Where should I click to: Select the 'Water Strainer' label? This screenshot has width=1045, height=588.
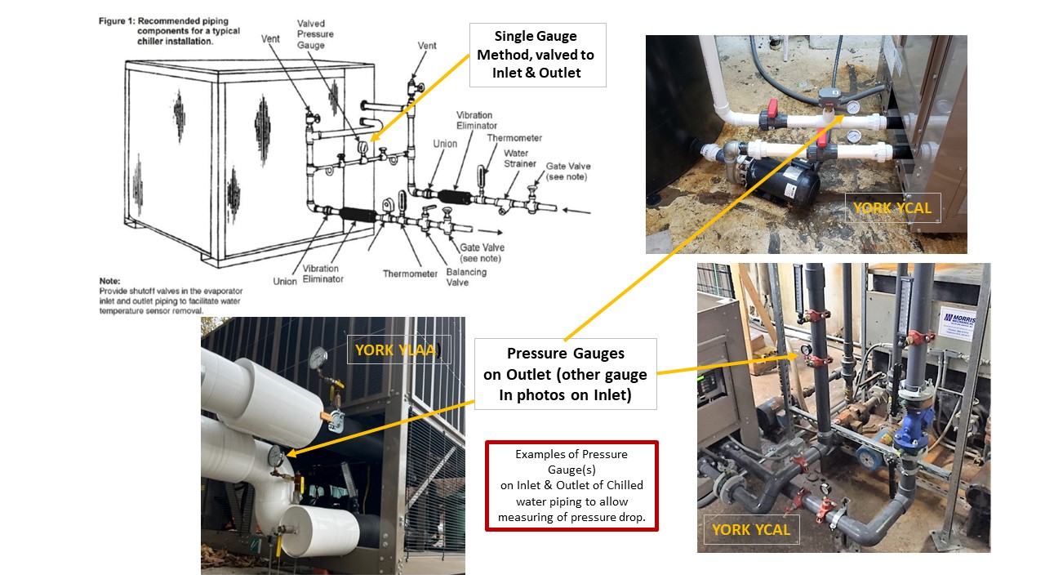(515, 158)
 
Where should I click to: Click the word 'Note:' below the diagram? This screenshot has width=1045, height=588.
(111, 280)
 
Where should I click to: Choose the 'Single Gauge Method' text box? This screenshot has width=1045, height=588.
(536, 55)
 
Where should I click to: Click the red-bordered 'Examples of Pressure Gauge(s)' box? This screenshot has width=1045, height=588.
(571, 486)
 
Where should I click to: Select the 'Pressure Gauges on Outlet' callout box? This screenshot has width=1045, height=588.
(565, 375)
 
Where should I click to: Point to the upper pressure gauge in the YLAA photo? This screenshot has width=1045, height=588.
(317, 356)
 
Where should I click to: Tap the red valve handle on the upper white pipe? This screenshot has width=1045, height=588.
(771, 113)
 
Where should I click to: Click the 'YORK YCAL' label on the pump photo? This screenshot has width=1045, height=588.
(892, 207)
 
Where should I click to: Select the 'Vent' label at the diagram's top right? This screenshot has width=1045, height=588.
(427, 46)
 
